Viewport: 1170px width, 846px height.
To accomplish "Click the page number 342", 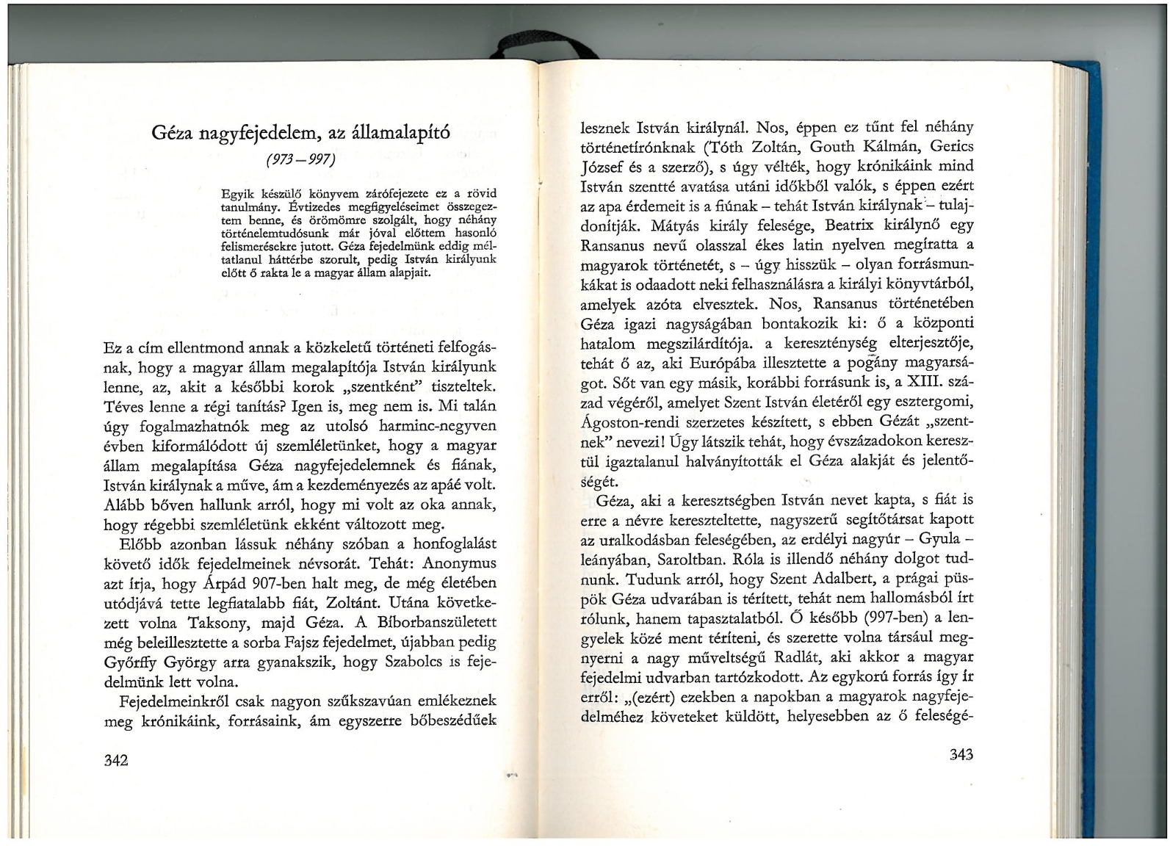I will click(118, 760).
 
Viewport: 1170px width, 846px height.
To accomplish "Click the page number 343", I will click(961, 754).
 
